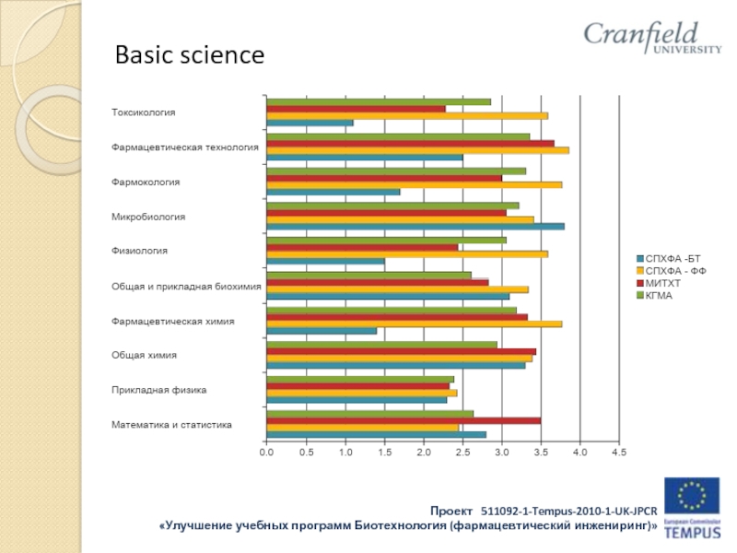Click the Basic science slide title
(x=189, y=56)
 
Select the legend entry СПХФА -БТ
(x=673, y=258)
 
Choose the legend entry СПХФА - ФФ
(x=675, y=270)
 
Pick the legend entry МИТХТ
(x=663, y=282)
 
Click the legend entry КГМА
(x=659, y=294)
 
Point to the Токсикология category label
(x=143, y=112)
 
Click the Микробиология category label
(x=148, y=217)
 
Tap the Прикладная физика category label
(x=158, y=390)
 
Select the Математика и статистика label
(x=171, y=425)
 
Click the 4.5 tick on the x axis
(x=618, y=453)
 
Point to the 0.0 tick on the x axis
(x=265, y=453)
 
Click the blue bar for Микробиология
(x=415, y=227)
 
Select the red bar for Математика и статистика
(x=403, y=420)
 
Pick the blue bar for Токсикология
(x=309, y=123)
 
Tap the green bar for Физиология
(x=385, y=240)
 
